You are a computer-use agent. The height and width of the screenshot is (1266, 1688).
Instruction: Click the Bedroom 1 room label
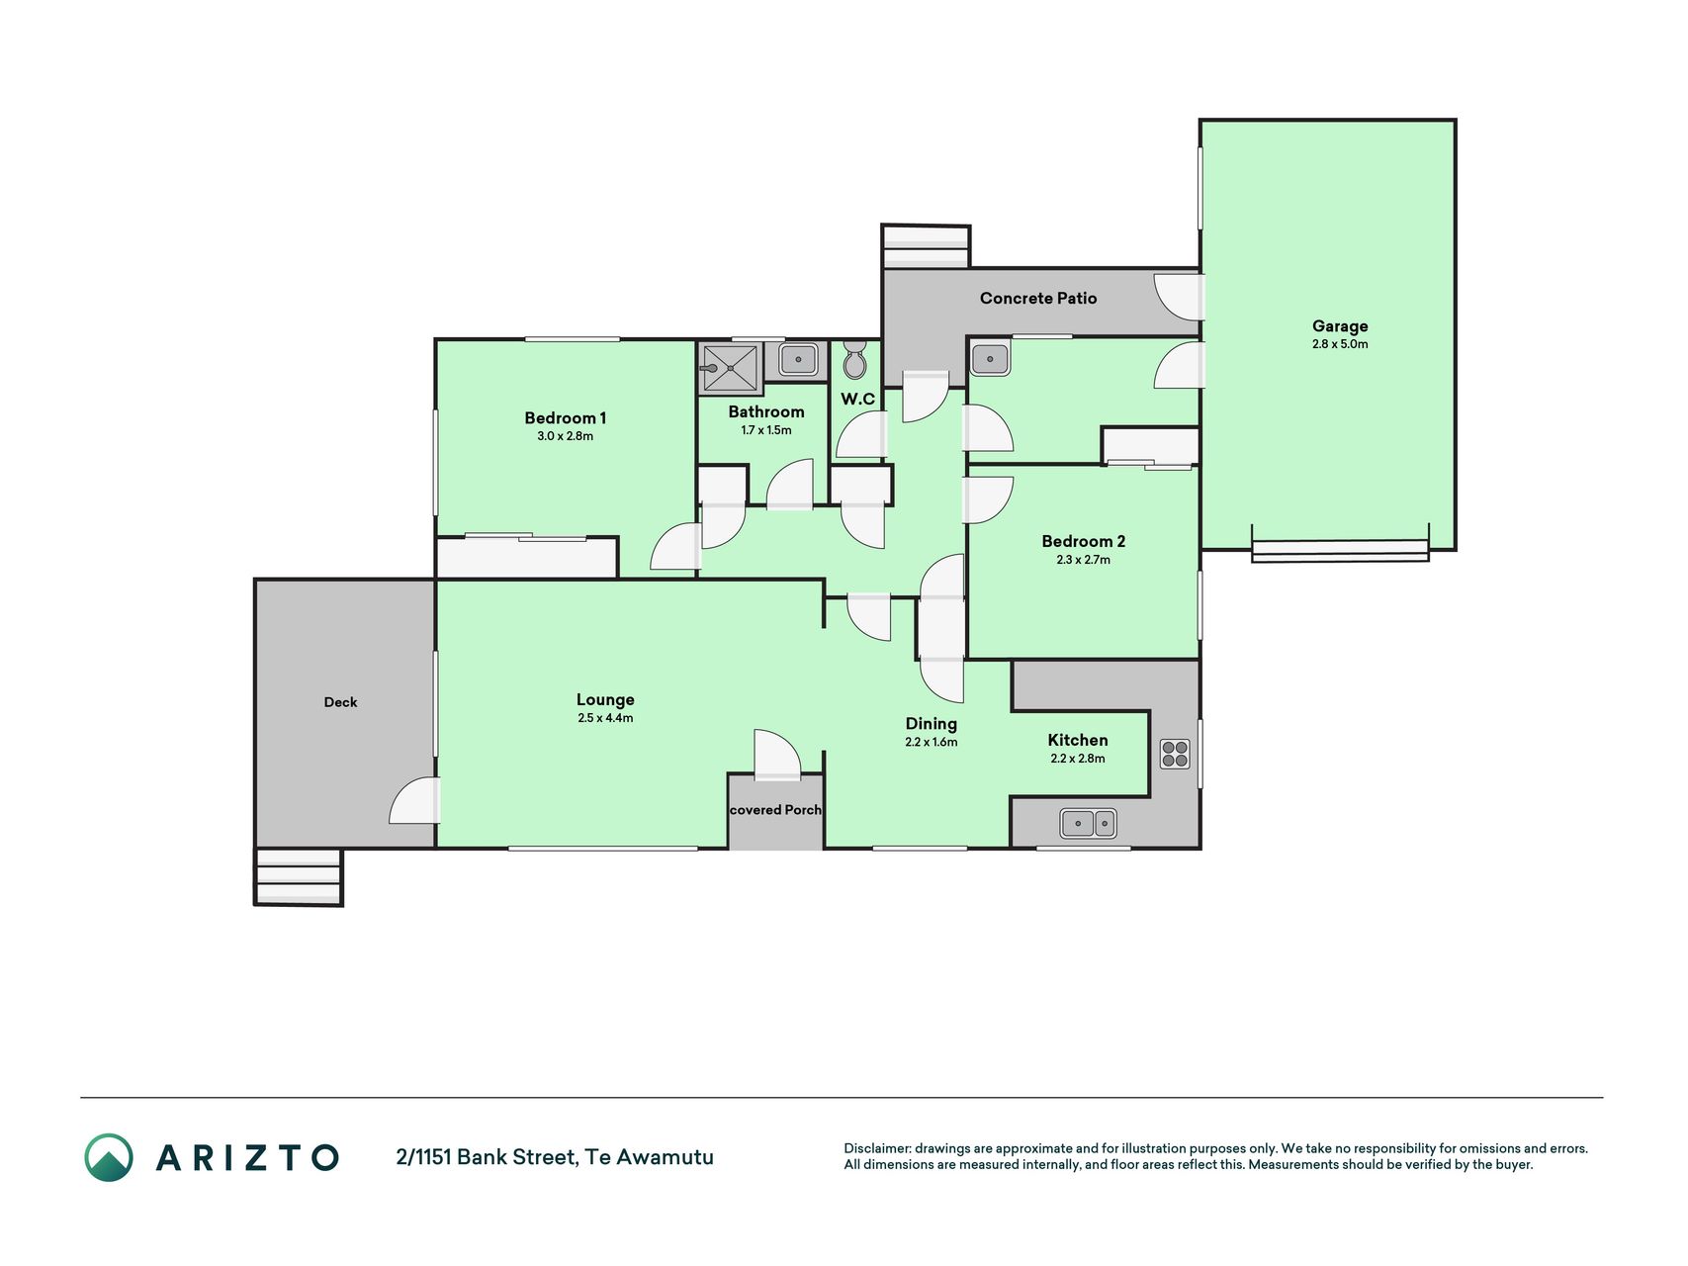[565, 418]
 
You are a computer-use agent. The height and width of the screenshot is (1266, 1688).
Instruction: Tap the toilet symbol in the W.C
[854, 361]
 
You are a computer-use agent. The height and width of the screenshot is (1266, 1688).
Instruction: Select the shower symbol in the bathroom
[731, 368]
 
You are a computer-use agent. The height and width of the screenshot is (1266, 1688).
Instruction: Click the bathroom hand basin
[798, 358]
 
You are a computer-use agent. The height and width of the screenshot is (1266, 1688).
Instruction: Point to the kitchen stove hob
[1175, 755]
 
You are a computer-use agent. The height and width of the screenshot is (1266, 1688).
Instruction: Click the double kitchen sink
[1088, 823]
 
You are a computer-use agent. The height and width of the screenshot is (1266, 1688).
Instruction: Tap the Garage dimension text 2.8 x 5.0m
[1340, 345]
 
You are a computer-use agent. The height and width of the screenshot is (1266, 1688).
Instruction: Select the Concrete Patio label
[1038, 298]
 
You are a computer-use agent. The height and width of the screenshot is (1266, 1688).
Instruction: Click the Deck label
[340, 702]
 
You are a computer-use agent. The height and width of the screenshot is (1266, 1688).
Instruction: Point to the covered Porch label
[775, 810]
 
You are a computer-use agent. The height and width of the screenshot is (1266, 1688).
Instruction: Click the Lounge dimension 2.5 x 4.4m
[605, 718]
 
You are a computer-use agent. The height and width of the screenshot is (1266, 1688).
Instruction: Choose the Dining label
[931, 724]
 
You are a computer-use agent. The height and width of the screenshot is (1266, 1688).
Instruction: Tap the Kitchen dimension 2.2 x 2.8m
[1078, 759]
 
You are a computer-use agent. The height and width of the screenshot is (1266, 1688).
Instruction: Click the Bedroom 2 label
[1083, 541]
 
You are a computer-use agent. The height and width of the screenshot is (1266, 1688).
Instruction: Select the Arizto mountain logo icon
[108, 1157]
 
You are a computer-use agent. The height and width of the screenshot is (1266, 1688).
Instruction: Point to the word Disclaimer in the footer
[876, 1149]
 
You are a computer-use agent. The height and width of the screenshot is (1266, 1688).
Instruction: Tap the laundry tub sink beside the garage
[990, 358]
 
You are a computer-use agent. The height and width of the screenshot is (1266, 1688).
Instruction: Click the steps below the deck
[299, 876]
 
